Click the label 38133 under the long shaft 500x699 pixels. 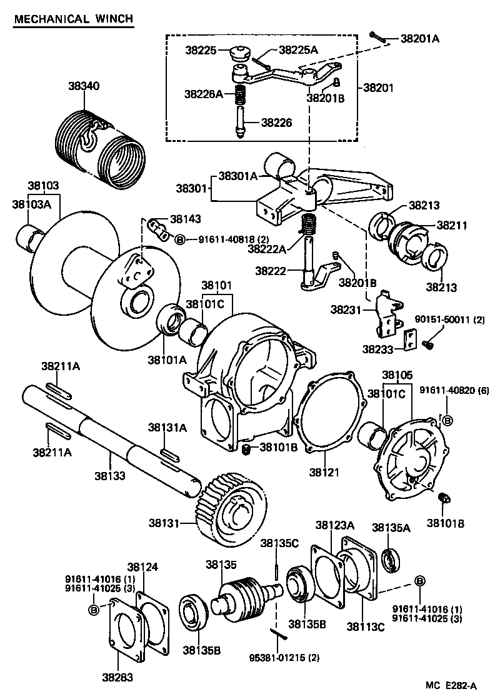coord(110,476)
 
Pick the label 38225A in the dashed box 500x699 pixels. coord(298,49)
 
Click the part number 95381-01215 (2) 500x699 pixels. coord(275,658)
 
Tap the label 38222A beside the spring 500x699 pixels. coord(266,249)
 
